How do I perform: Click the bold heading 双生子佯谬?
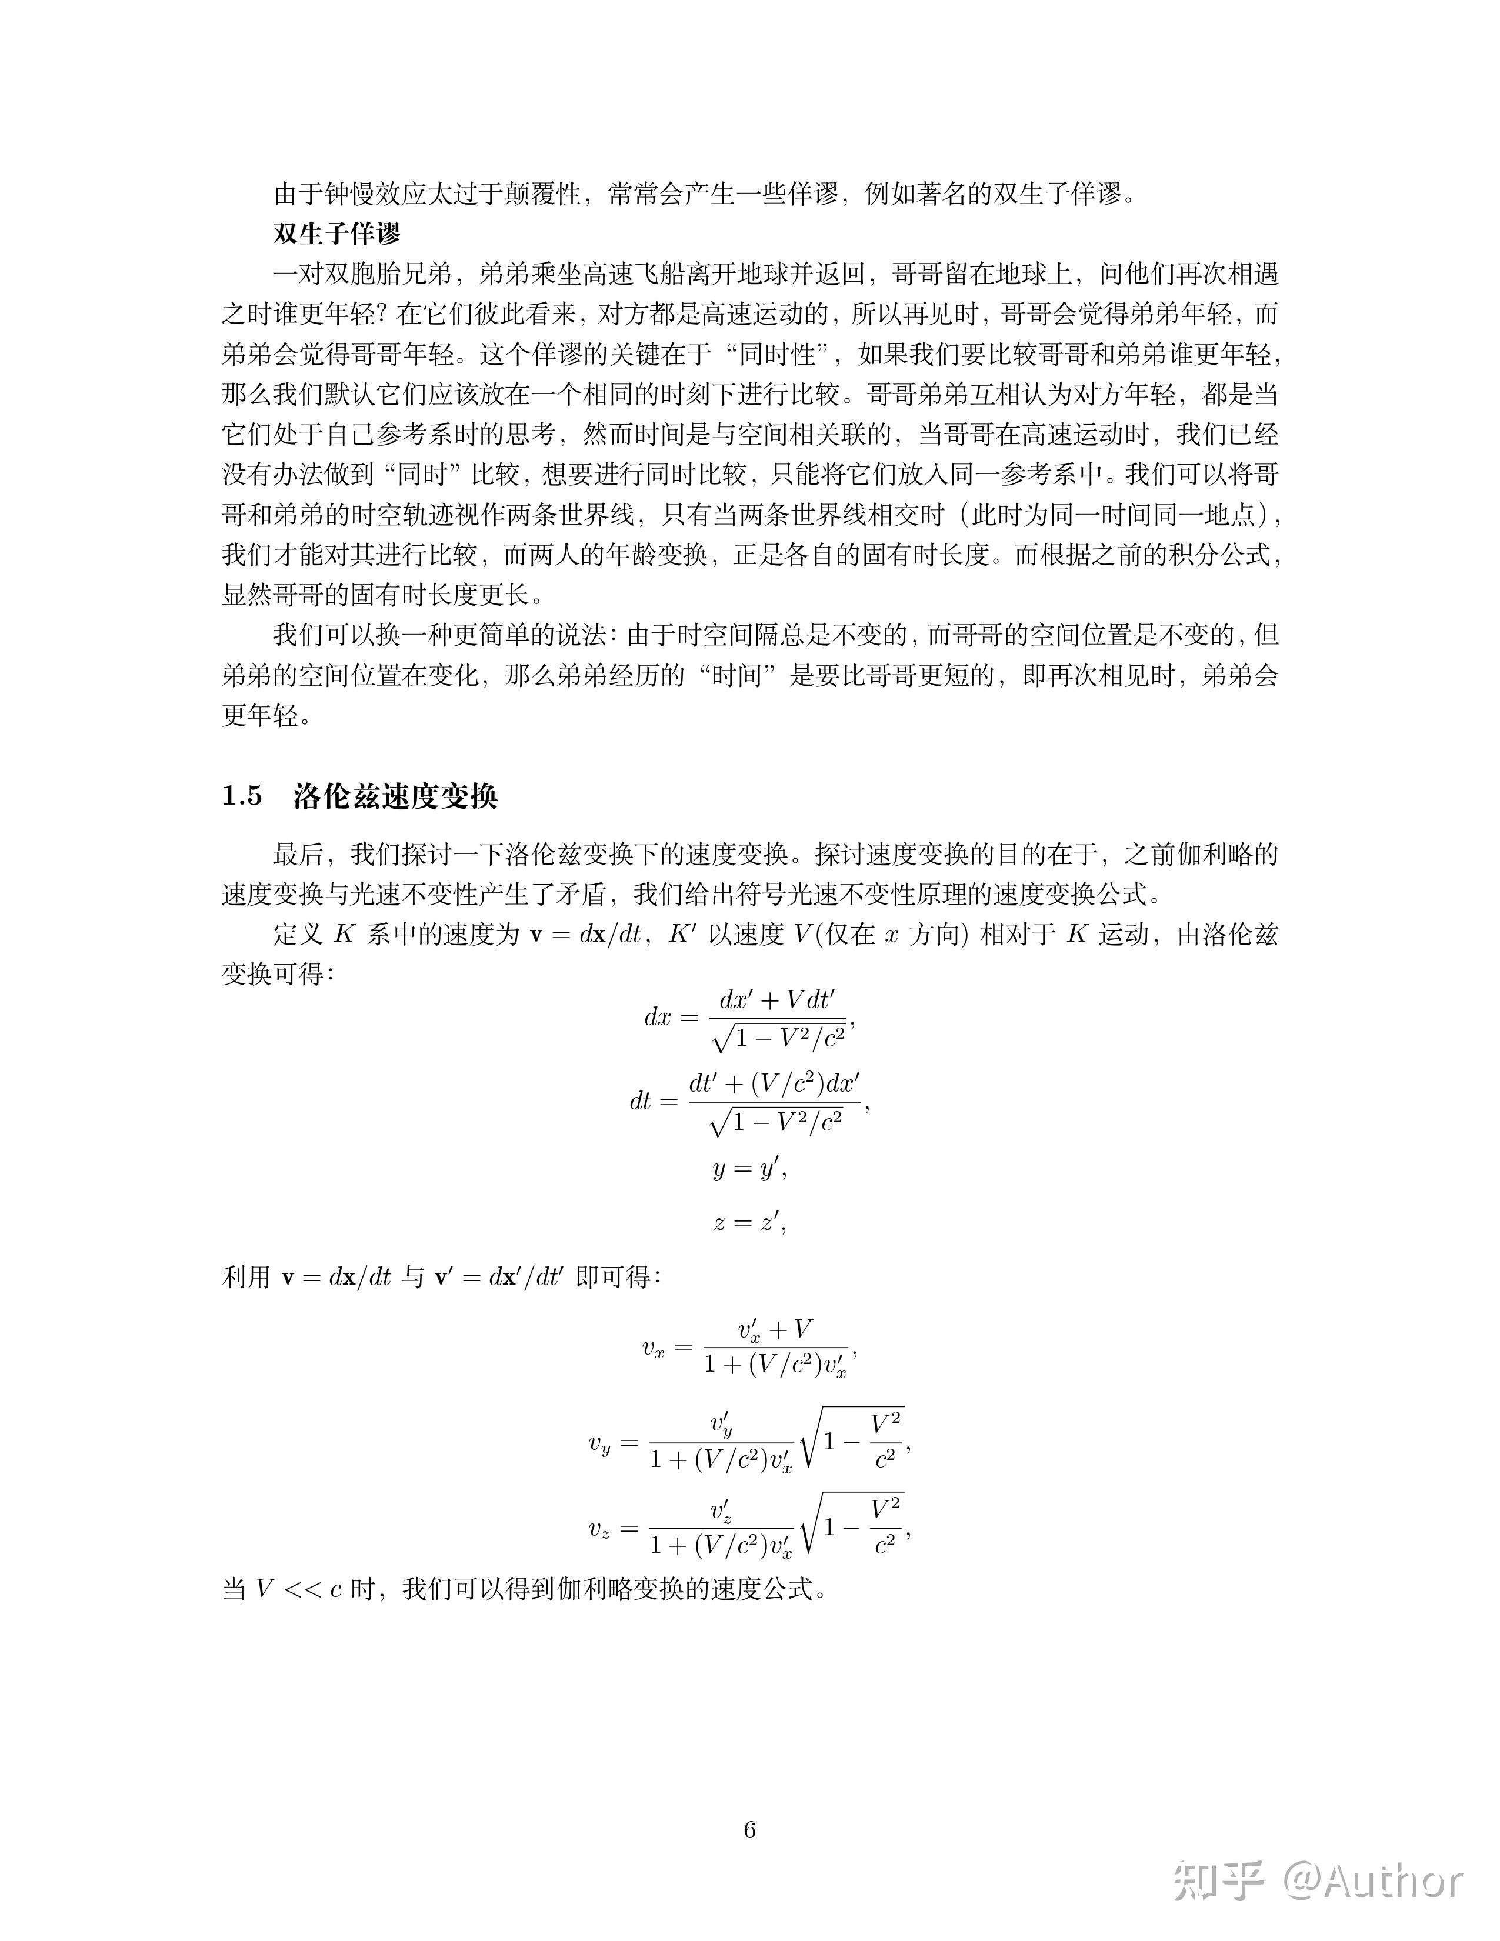coord(337,234)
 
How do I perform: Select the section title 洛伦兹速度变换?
coord(395,796)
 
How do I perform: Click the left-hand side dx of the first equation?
coord(658,1017)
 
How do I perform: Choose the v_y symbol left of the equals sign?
coord(600,1444)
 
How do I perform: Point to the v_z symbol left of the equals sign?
coord(600,1529)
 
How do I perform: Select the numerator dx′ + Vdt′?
coord(778,1000)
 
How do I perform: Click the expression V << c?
coord(299,1588)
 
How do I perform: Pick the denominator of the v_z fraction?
coord(721,1546)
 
